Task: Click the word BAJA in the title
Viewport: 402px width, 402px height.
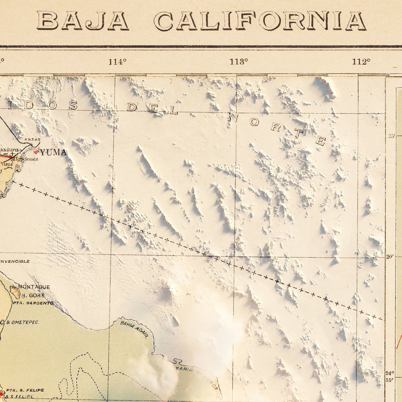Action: click(x=83, y=21)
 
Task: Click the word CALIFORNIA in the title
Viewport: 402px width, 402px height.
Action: click(x=260, y=21)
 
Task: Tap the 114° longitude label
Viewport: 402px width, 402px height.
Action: click(x=117, y=62)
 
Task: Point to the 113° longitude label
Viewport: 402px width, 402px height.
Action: click(x=239, y=62)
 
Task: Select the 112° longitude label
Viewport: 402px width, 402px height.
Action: click(x=361, y=62)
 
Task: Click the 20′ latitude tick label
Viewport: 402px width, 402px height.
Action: click(x=390, y=257)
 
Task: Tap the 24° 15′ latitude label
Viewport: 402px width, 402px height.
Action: click(x=390, y=376)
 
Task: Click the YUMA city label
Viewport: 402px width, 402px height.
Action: click(x=53, y=152)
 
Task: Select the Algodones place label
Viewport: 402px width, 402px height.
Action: click(x=26, y=159)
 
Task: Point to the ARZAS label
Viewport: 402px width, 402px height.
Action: click(x=32, y=140)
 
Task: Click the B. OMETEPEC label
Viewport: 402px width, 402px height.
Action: click(x=22, y=322)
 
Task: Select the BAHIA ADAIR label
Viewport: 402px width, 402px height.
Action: click(x=134, y=330)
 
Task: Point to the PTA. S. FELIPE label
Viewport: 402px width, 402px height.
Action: click(x=25, y=390)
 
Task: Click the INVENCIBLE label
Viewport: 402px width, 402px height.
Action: click(x=14, y=261)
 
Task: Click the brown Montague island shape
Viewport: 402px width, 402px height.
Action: click(x=15, y=292)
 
